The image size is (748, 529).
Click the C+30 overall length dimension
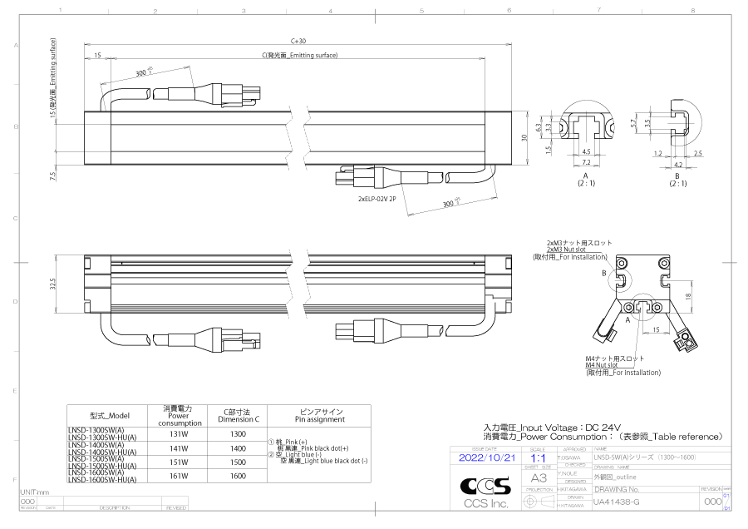298,41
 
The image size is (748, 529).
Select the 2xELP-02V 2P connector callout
388,200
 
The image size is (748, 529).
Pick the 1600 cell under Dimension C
238,476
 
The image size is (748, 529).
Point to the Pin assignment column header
321,415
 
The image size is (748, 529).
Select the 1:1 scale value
538,458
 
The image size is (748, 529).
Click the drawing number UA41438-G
616,503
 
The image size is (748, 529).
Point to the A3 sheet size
539,479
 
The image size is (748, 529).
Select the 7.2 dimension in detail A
586,163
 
